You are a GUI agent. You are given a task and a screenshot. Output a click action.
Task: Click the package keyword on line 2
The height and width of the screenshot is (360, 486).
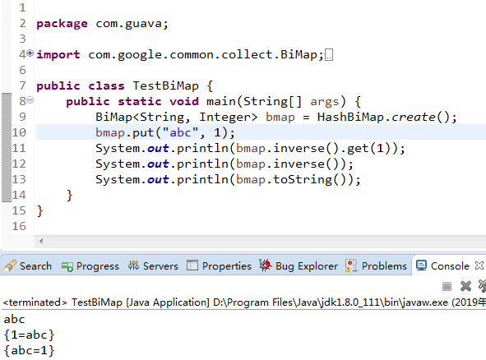tap(62, 24)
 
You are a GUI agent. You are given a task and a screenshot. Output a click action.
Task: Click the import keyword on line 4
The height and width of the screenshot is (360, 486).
tap(58, 55)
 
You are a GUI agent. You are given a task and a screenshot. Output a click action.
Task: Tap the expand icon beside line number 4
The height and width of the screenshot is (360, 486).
tap(30, 53)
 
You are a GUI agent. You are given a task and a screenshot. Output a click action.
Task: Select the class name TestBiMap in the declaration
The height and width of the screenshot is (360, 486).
tap(165, 85)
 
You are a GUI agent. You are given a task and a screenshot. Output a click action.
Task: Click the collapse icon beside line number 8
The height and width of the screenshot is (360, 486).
tap(30, 100)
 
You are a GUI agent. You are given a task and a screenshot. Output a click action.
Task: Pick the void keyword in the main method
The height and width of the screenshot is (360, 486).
tap(184, 101)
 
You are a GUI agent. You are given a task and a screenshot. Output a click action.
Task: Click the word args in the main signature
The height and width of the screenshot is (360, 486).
tap(325, 102)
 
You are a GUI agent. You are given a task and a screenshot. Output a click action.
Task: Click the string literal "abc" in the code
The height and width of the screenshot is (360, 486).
tap(180, 132)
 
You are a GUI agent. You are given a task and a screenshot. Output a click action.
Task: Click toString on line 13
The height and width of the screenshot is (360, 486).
tap(303, 180)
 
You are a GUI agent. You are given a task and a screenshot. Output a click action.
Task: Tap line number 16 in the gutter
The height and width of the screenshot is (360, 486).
tap(19, 226)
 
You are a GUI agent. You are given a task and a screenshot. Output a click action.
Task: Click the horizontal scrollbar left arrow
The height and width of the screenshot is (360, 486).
tap(41, 241)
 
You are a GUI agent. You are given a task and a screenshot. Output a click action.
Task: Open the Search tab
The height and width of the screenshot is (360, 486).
tap(27, 266)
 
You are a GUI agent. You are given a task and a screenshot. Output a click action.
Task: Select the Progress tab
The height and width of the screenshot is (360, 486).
tap(90, 266)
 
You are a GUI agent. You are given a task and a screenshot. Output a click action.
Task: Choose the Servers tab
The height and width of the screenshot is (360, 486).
tap(154, 266)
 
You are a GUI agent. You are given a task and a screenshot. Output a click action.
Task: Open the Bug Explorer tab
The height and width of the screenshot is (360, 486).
tap(299, 266)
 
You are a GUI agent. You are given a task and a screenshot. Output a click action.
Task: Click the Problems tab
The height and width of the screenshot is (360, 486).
tap(376, 266)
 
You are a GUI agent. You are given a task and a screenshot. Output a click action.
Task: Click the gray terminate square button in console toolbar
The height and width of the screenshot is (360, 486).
tap(447, 286)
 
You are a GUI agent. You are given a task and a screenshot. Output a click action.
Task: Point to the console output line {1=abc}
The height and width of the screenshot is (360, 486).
tap(30, 335)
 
